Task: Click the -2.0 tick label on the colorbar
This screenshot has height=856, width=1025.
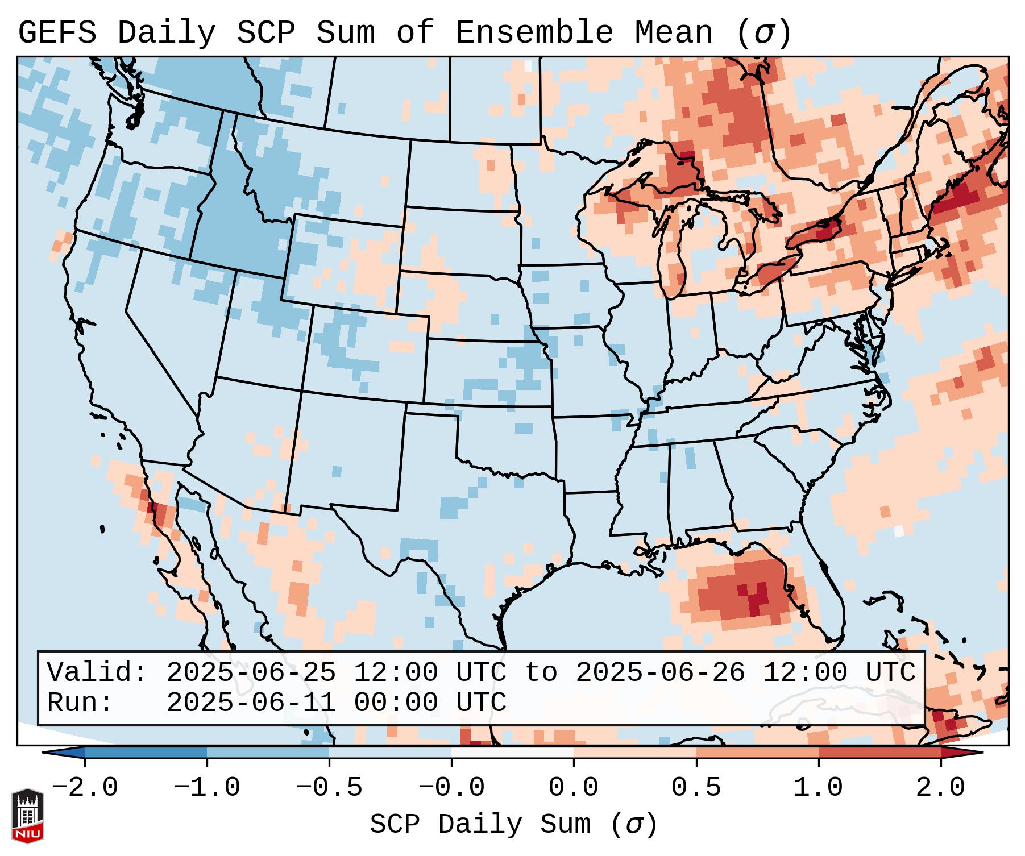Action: (x=85, y=788)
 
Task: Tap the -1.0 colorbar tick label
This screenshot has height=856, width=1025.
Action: (x=207, y=788)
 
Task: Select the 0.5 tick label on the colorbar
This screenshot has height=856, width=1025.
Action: (x=696, y=788)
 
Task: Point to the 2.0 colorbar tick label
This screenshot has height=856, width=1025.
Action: (x=940, y=788)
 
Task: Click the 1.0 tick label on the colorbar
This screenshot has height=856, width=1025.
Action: (x=818, y=788)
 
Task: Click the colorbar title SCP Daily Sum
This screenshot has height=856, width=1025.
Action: (x=513, y=825)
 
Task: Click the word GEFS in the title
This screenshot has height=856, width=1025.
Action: (x=57, y=32)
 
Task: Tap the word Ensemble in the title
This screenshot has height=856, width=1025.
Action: (x=534, y=32)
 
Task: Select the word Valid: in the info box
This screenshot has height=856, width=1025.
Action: (x=97, y=673)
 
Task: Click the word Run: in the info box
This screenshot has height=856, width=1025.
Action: (x=80, y=703)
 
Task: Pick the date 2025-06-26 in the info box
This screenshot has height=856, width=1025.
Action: (x=660, y=673)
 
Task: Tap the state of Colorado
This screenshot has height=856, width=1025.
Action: (x=364, y=352)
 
